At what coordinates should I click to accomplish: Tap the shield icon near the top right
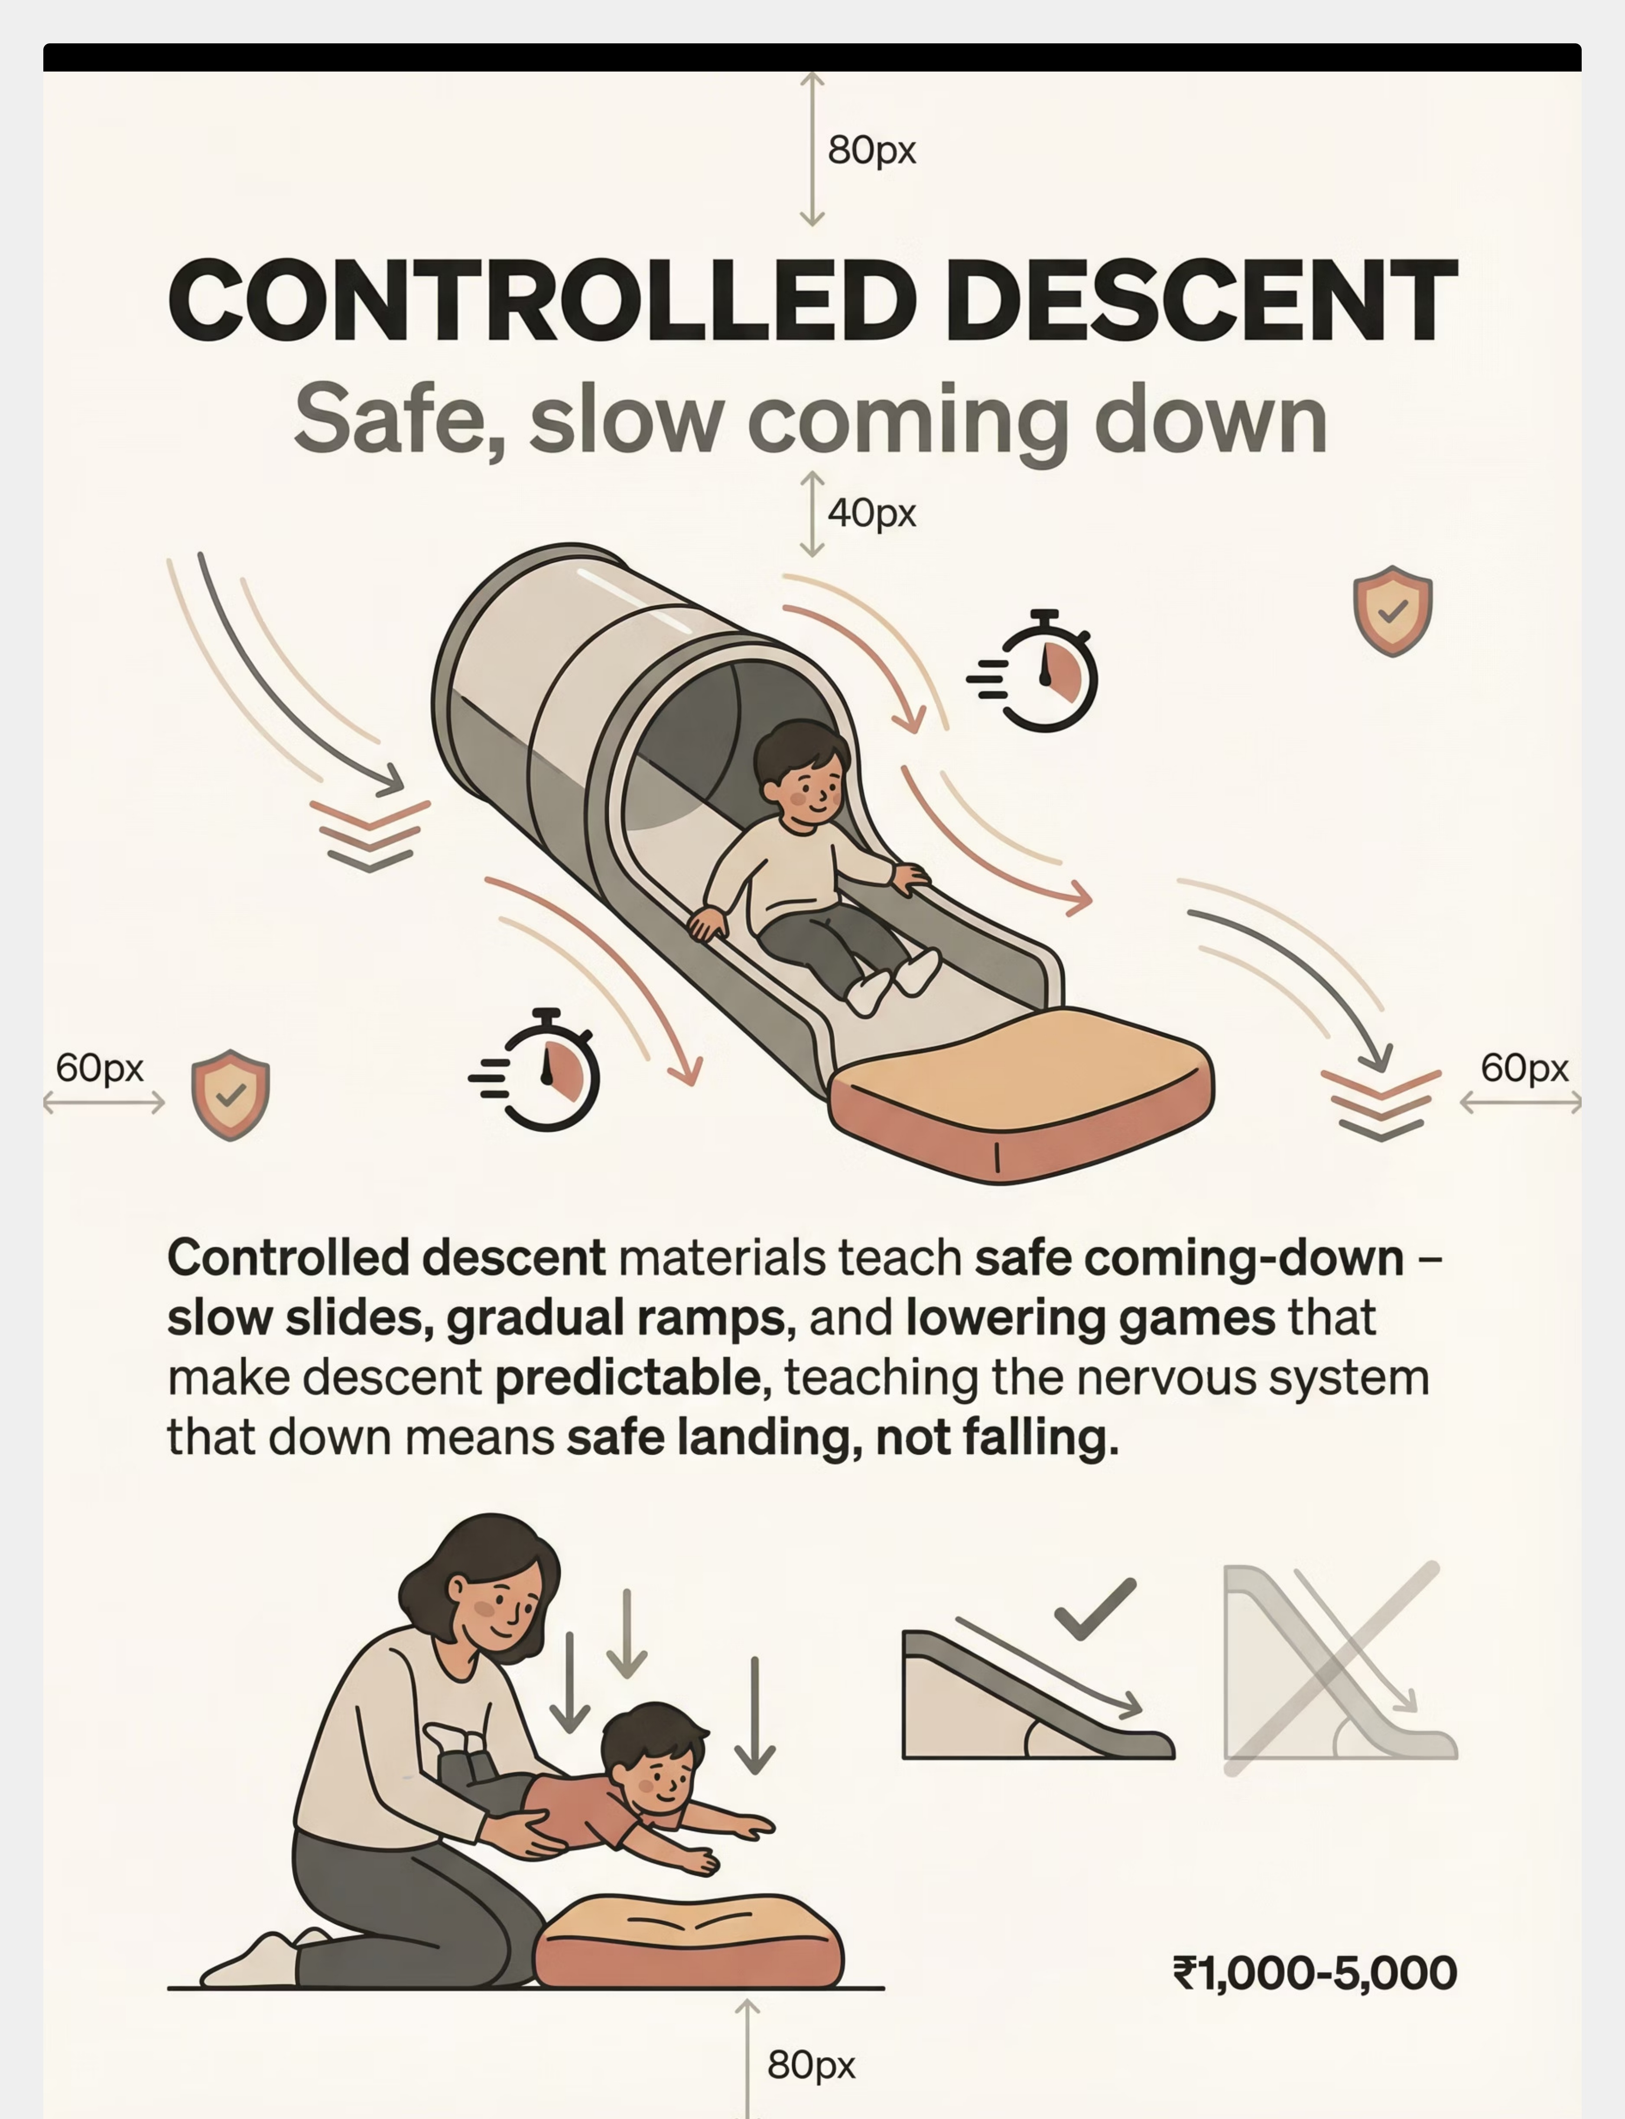1392,611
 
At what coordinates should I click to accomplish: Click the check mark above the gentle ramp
1095,1609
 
